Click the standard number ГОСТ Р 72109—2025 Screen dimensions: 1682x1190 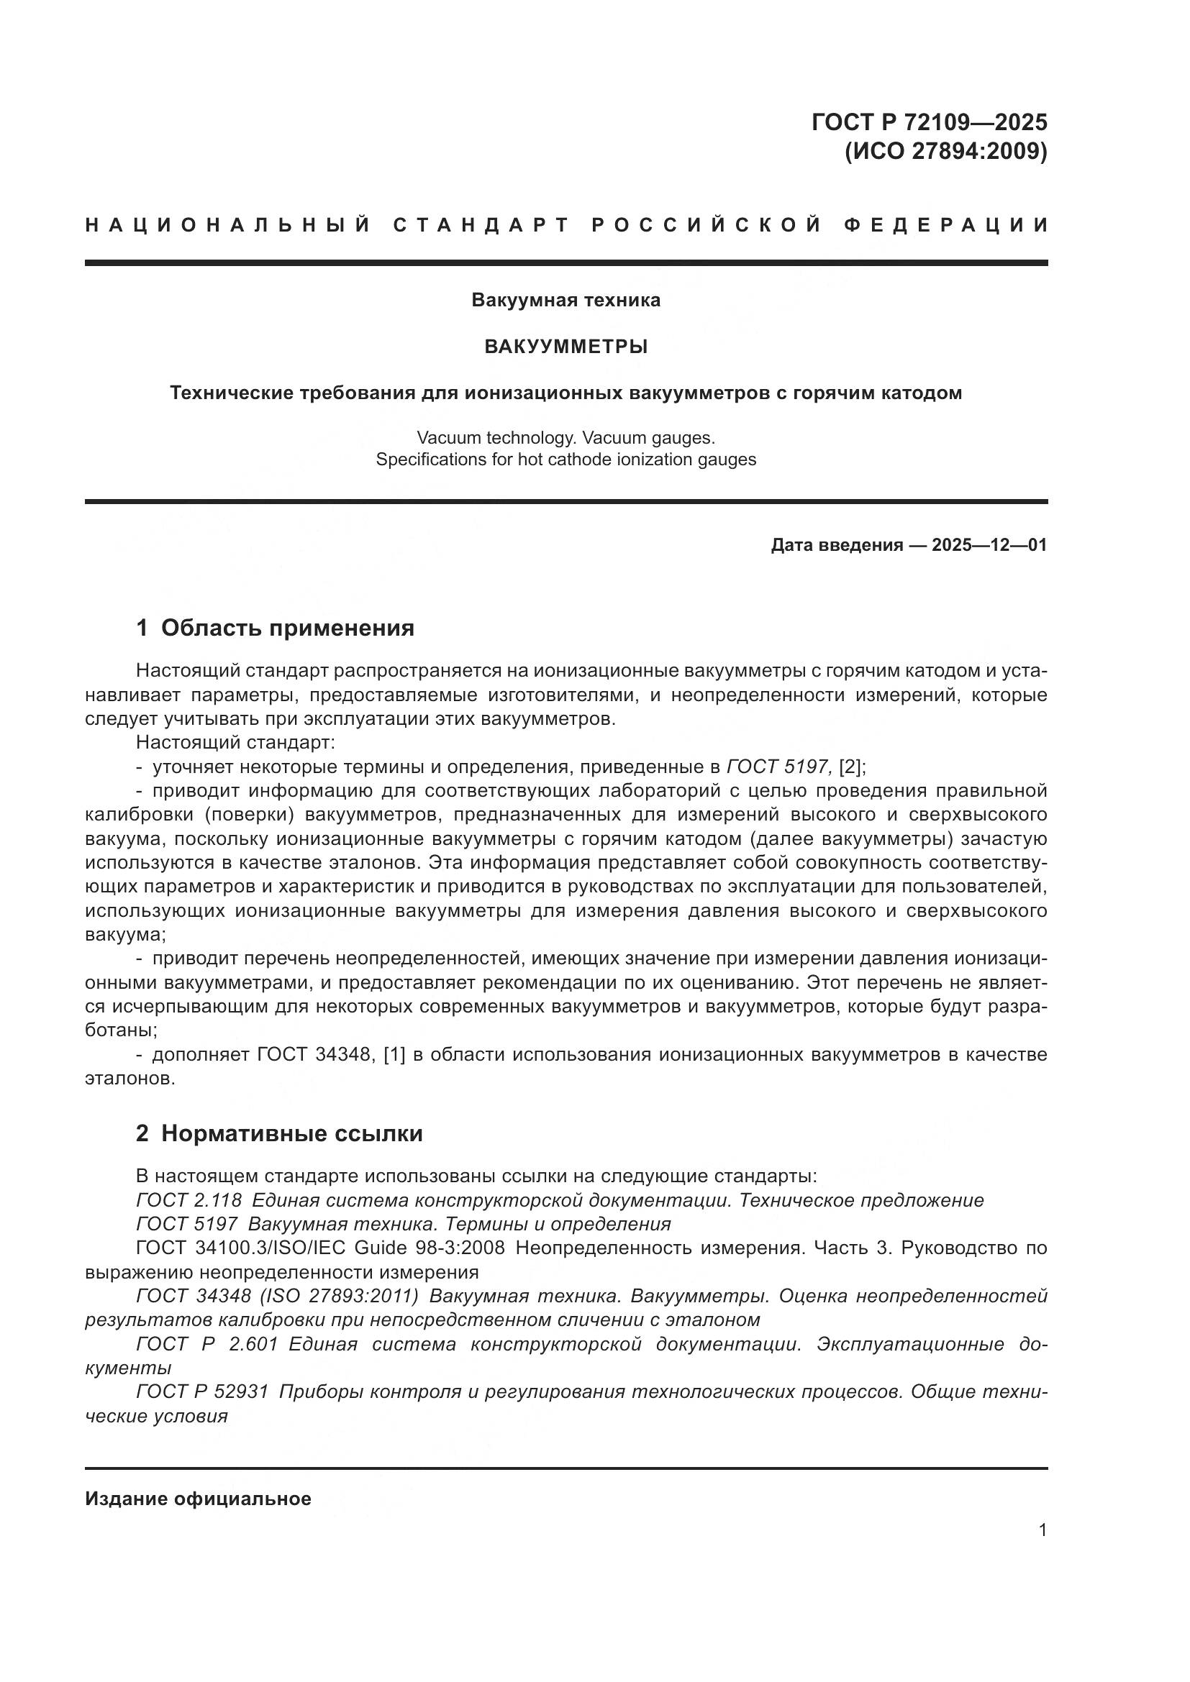[928, 122]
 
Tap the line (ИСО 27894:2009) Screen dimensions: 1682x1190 [945, 151]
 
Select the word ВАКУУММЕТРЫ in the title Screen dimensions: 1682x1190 [566, 347]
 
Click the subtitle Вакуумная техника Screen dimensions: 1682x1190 [566, 301]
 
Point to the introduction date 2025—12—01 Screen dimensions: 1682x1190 [989, 545]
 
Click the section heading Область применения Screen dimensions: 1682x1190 [287, 628]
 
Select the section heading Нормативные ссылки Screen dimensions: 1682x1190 [291, 1134]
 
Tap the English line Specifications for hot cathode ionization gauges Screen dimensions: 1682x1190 [566, 460]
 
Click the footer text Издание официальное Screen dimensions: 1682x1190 [198, 1499]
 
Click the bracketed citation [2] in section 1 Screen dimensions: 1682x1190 [852, 767]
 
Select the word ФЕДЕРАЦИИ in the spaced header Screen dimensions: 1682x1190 [946, 225]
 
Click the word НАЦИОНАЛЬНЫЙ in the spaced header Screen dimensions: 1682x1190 [228, 225]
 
